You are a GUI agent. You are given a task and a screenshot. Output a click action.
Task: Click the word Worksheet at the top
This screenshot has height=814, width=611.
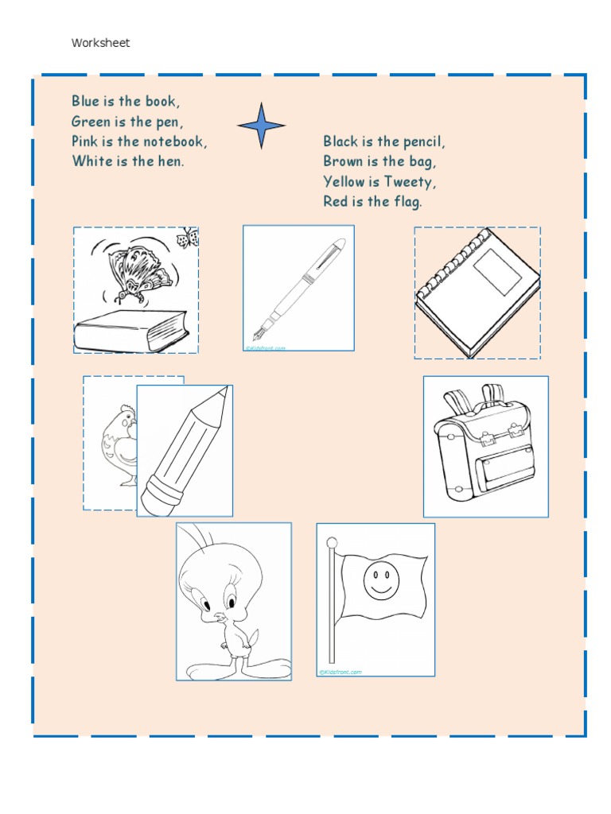[100, 43]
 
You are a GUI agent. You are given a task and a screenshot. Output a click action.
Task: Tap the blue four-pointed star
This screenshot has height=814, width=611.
[261, 125]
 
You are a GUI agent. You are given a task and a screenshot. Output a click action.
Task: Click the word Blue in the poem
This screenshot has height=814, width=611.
[85, 101]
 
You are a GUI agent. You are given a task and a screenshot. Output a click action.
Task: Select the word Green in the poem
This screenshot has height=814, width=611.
[91, 122]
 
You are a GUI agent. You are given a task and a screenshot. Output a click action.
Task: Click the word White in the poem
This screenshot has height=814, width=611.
[90, 161]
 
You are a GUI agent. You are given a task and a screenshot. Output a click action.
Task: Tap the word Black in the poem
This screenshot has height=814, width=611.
[341, 141]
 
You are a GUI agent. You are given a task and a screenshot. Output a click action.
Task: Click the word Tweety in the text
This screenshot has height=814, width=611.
[408, 182]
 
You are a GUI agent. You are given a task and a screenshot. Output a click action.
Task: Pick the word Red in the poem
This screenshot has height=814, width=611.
[335, 202]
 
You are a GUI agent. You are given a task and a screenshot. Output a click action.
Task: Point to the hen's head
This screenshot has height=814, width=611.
[126, 417]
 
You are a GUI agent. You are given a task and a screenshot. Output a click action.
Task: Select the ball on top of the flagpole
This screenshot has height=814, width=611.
[333, 542]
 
